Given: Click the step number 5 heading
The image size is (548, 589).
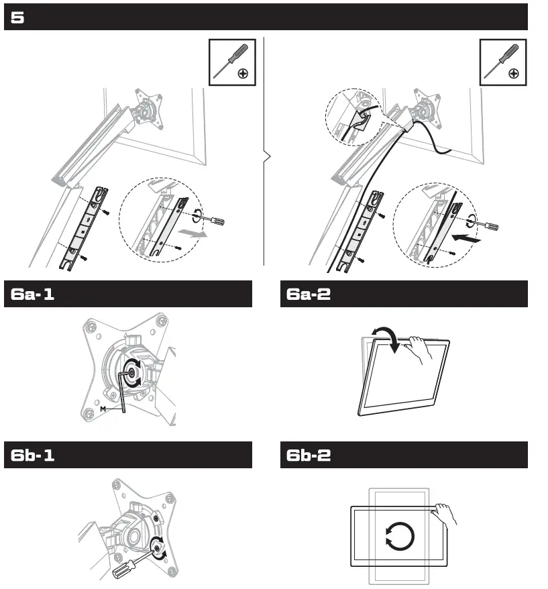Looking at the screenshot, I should [x=18, y=18].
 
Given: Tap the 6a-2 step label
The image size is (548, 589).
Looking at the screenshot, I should [x=309, y=294].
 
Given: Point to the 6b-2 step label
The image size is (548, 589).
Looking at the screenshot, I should [x=309, y=456].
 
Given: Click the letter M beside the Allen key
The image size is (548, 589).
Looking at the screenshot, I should [x=103, y=407].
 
